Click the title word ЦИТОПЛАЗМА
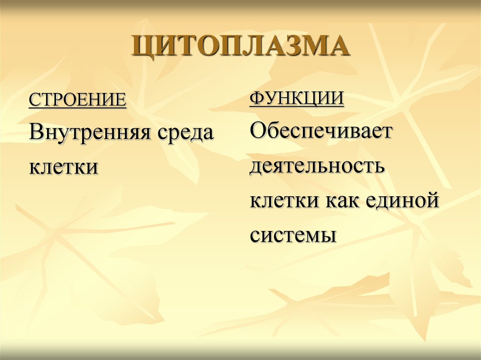(241, 46)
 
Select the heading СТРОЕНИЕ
(78, 100)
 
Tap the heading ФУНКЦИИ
(297, 99)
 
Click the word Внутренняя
(90, 132)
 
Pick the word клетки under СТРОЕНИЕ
(63, 167)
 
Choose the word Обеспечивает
(321, 130)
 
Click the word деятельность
(317, 166)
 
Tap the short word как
(341, 201)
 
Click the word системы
(293, 236)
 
